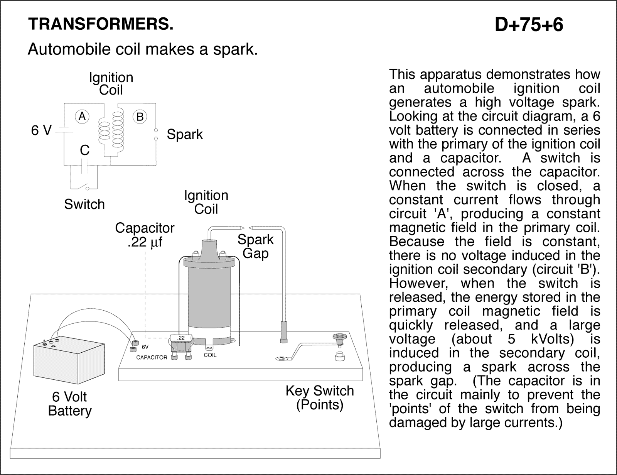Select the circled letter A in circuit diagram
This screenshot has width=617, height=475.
pyautogui.click(x=82, y=116)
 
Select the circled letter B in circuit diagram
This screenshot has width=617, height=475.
pyautogui.click(x=140, y=117)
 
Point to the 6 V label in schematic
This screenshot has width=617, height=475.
pyautogui.click(x=41, y=131)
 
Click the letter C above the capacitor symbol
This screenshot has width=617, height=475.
pyautogui.click(x=84, y=150)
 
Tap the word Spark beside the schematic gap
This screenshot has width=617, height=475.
pyautogui.click(x=184, y=134)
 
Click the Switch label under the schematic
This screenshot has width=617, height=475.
pyautogui.click(x=84, y=204)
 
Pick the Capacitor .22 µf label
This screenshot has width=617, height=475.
pyautogui.click(x=145, y=235)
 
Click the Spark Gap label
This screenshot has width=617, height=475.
pyautogui.click(x=255, y=246)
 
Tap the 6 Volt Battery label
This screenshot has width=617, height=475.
pyautogui.click(x=70, y=404)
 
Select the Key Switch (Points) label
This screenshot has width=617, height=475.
pyautogui.click(x=319, y=397)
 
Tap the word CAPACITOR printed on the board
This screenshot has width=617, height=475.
pyautogui.click(x=152, y=358)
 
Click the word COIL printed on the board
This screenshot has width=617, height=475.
pyautogui.click(x=210, y=355)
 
